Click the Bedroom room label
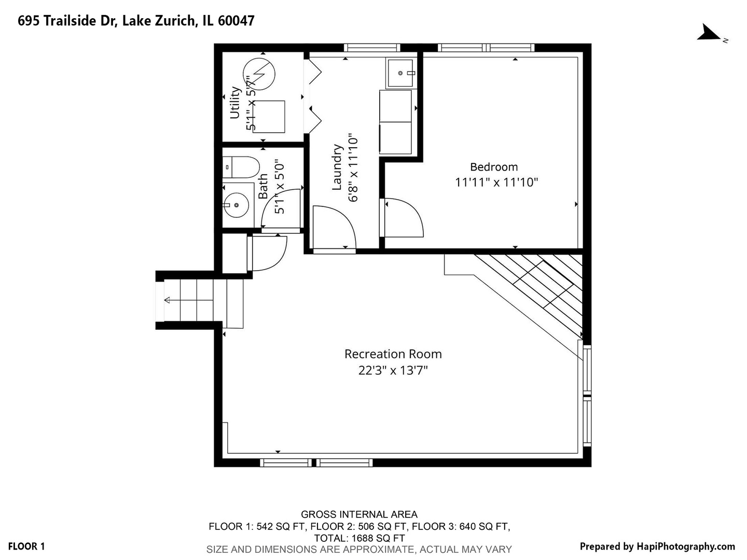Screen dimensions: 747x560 (494, 167)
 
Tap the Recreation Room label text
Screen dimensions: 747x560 (393, 354)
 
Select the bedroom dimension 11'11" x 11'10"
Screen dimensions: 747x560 (496, 183)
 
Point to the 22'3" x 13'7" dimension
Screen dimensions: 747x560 (393, 370)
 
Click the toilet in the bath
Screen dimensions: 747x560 (241, 167)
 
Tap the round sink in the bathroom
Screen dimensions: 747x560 (236, 205)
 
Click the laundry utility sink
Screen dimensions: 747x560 (400, 73)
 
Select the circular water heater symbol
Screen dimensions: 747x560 (259, 74)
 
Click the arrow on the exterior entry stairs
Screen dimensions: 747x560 (189, 300)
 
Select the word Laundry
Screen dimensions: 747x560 (337, 167)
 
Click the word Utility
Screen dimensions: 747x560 (235, 103)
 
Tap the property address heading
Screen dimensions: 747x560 (136, 21)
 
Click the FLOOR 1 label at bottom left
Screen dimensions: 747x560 (26, 547)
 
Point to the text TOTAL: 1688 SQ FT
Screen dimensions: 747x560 (359, 538)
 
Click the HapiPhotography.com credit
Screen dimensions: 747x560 (657, 547)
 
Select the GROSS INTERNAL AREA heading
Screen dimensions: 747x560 (359, 514)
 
